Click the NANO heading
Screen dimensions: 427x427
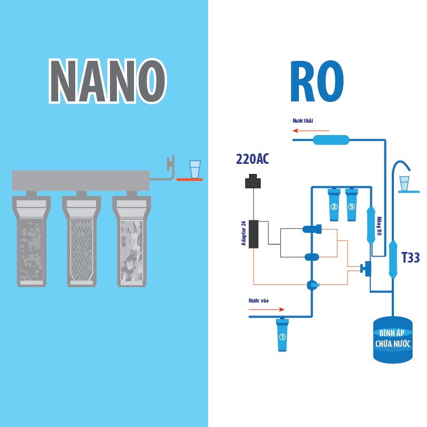click(107, 81)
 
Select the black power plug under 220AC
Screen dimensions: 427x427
click(252, 182)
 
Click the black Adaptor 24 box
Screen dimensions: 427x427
click(254, 234)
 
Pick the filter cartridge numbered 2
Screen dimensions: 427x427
click(334, 205)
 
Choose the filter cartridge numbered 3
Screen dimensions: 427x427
click(351, 205)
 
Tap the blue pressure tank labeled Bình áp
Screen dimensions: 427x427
click(392, 339)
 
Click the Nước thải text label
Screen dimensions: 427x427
click(303, 121)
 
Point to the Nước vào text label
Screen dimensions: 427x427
click(259, 301)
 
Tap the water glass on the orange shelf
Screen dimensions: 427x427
click(195, 169)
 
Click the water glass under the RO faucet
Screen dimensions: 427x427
click(405, 184)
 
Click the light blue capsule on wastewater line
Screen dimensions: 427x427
click(331, 140)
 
